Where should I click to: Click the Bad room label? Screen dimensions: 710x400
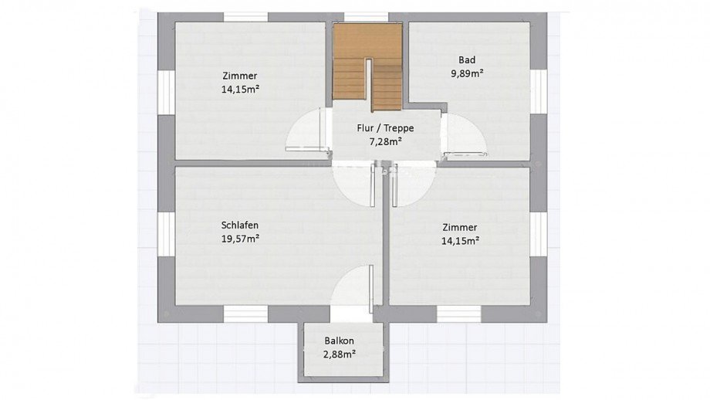pyautogui.click(x=467, y=59)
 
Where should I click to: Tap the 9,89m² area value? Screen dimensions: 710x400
pyautogui.click(x=467, y=73)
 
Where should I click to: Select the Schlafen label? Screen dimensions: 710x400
pyautogui.click(x=240, y=225)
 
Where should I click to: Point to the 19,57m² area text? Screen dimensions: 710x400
pyautogui.click(x=240, y=239)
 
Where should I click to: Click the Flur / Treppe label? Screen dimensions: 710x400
pyautogui.click(x=385, y=128)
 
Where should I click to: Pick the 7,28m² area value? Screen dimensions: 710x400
pyautogui.click(x=386, y=142)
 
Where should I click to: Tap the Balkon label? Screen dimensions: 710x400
pyautogui.click(x=339, y=341)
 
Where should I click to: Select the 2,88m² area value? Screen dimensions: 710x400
pyautogui.click(x=339, y=354)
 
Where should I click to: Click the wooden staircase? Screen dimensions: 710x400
pyautogui.click(x=367, y=68)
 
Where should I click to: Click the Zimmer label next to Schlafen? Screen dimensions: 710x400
pyautogui.click(x=460, y=227)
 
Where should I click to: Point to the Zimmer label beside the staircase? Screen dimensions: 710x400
pyautogui.click(x=240, y=76)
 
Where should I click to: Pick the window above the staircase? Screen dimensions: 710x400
pyautogui.click(x=367, y=17)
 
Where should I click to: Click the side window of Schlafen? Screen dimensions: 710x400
pyautogui.click(x=166, y=234)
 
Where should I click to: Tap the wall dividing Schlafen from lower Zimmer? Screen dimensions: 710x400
pyautogui.click(x=386, y=239)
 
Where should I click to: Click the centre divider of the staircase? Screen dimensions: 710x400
pyautogui.click(x=370, y=85)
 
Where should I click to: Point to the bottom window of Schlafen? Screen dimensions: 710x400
pyautogui.click(x=246, y=314)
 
